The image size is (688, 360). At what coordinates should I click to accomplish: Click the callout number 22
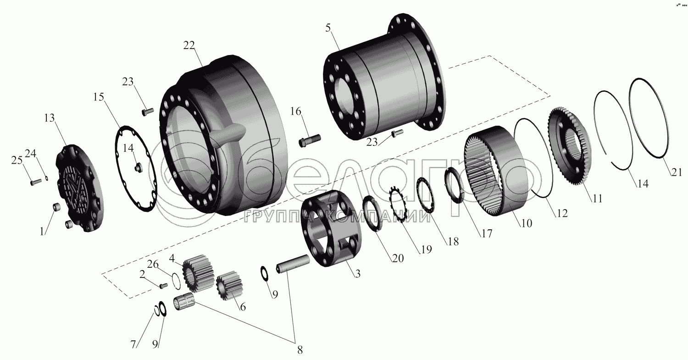point(189,45)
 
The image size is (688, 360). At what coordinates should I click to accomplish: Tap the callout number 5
point(328,28)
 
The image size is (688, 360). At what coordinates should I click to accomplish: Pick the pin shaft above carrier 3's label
point(293,264)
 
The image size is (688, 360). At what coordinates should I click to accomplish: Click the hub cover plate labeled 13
point(80,188)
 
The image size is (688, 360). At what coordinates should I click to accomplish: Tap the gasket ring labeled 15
point(135,168)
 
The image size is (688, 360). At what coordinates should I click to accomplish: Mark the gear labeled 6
point(229,286)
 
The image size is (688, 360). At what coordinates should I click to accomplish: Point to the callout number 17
point(487,233)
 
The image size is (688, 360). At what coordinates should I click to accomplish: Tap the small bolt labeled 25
point(36,182)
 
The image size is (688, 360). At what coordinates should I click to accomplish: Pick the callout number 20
point(398,258)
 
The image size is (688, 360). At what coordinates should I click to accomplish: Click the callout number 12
point(562,213)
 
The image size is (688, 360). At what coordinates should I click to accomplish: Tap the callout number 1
point(42,231)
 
